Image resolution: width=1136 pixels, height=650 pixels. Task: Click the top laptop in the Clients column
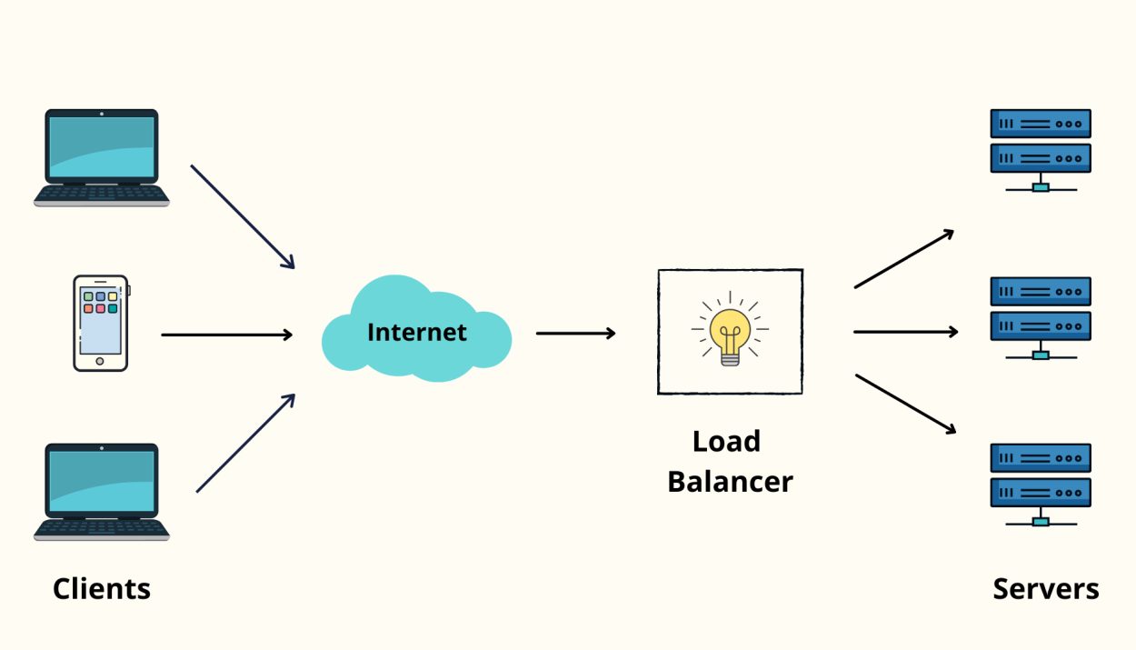point(102,156)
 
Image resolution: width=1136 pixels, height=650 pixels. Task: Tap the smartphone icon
point(100,324)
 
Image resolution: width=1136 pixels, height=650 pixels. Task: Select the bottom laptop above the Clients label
point(102,491)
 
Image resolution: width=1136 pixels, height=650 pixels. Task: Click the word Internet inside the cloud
point(416,333)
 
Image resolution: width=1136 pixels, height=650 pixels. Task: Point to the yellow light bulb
point(730,333)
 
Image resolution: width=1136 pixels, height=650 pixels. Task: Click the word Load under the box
point(726,442)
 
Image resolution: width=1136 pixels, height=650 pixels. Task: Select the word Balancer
point(730,482)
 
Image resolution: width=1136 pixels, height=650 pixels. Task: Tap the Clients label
point(102,589)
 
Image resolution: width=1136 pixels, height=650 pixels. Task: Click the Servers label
point(1045,589)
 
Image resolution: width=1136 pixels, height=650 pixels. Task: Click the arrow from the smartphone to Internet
point(227,335)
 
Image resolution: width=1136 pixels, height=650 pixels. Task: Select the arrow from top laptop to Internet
point(243,216)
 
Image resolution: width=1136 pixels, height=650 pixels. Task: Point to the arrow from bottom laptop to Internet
point(245,444)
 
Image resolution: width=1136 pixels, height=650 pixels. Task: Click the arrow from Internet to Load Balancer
point(575,333)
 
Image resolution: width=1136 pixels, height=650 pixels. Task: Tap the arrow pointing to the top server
point(903,259)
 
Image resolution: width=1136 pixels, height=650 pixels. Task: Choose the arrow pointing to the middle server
point(905,332)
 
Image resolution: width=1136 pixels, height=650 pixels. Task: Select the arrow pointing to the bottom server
point(905,404)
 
